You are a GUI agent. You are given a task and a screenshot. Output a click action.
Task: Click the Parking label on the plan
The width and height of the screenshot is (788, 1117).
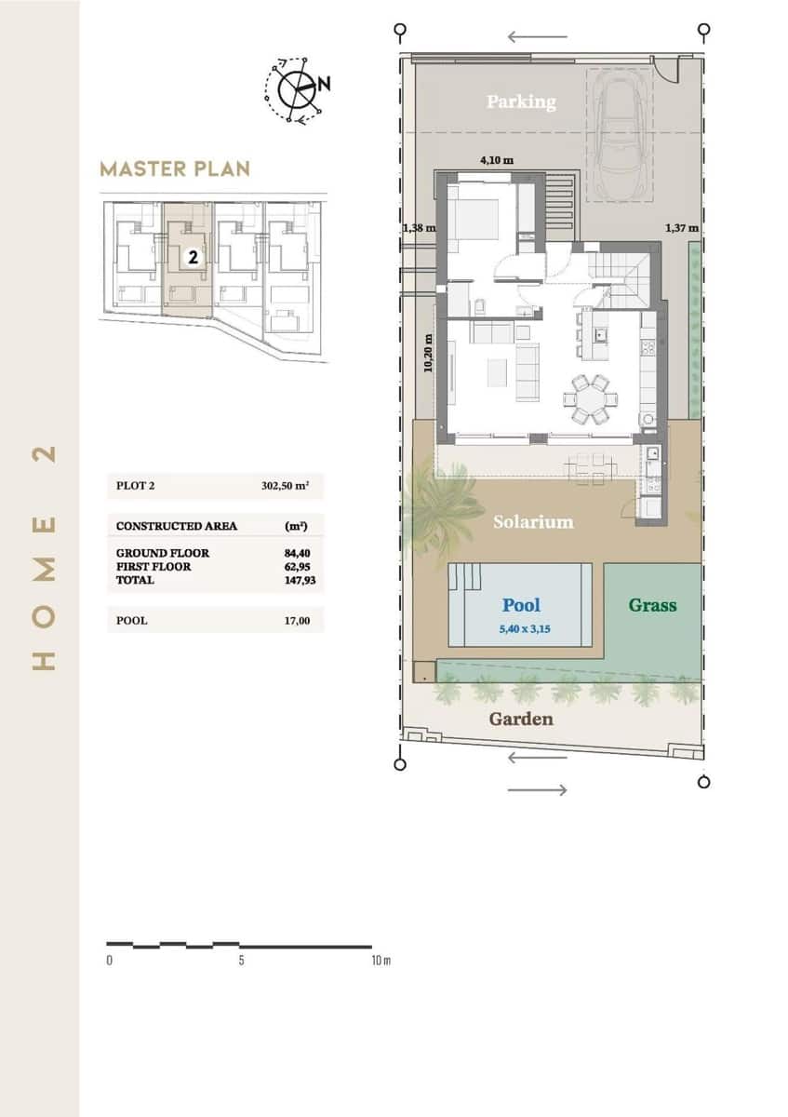click(x=520, y=101)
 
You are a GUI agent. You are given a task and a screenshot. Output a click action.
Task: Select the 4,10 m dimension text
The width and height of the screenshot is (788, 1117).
click(x=496, y=160)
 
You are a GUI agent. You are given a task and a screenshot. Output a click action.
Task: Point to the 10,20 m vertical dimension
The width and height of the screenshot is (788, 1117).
click(x=428, y=354)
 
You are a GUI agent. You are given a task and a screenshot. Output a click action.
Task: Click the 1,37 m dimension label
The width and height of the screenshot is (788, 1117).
click(x=682, y=227)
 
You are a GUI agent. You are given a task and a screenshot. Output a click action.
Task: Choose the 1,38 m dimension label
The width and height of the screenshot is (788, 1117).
click(x=419, y=227)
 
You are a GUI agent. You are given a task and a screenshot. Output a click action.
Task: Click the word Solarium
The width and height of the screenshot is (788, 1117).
click(x=533, y=521)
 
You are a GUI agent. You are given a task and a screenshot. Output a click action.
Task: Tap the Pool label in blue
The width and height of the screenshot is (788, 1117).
click(x=521, y=605)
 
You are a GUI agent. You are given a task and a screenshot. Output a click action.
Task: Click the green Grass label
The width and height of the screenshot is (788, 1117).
click(x=652, y=605)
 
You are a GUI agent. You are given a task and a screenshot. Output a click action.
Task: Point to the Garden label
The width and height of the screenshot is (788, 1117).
click(x=521, y=719)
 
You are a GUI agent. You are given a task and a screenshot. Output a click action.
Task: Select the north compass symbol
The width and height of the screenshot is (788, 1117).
click(x=297, y=89)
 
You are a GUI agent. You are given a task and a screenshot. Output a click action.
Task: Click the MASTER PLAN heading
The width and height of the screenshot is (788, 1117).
click(x=175, y=168)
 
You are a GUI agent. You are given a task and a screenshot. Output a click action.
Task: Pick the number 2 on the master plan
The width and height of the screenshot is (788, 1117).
click(x=193, y=258)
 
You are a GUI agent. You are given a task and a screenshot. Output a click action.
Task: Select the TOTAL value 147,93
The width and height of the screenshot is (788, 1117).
click(x=298, y=580)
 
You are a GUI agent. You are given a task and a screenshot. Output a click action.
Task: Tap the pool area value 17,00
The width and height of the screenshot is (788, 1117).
click(x=298, y=620)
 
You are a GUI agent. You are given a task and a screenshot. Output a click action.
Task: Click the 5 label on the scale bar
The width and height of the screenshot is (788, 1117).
click(x=241, y=961)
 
